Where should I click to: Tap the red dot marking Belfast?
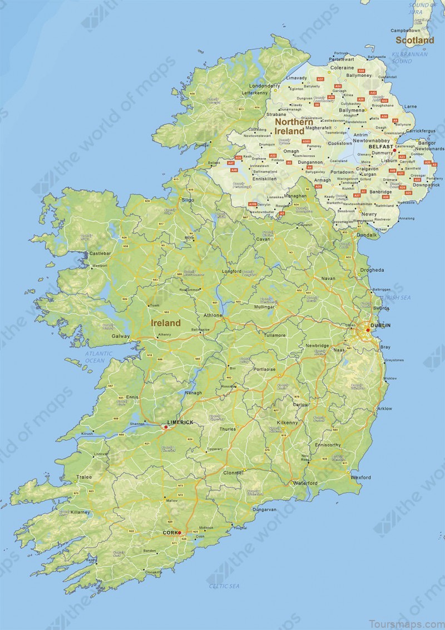(394, 150)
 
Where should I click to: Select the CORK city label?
(170, 533)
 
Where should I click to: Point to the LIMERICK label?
(180, 422)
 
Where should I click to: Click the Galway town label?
(121, 336)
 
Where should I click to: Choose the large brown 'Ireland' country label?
(166, 323)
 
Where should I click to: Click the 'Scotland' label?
(415, 40)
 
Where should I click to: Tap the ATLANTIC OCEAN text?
(99, 357)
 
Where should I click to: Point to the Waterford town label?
(305, 482)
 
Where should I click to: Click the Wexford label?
(361, 477)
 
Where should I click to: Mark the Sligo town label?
(188, 199)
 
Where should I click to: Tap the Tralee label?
(84, 477)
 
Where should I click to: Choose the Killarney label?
(80, 511)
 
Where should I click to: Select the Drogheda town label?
(372, 270)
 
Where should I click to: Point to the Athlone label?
(213, 315)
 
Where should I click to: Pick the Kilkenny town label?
(287, 423)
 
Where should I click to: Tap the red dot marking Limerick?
(166, 427)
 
